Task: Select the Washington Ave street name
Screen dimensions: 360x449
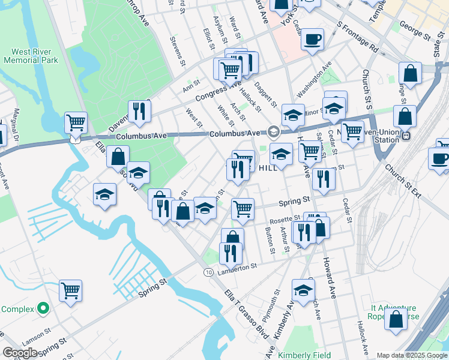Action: pyautogui.click(x=314, y=79)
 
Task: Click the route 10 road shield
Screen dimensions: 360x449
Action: pyautogui.click(x=208, y=272)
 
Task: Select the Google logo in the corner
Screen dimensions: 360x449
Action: pyautogui.click(x=20, y=353)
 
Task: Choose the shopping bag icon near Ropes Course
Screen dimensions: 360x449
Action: pyautogui.click(x=396, y=320)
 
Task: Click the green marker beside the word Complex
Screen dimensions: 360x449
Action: pyautogui.click(x=42, y=309)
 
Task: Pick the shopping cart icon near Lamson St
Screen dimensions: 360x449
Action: pyautogui.click(x=70, y=292)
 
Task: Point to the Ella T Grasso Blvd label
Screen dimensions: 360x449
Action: pyautogui.click(x=244, y=304)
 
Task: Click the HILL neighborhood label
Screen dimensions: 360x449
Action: pyautogui.click(x=269, y=169)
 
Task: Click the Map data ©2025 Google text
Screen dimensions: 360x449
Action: pyautogui.click(x=411, y=355)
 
